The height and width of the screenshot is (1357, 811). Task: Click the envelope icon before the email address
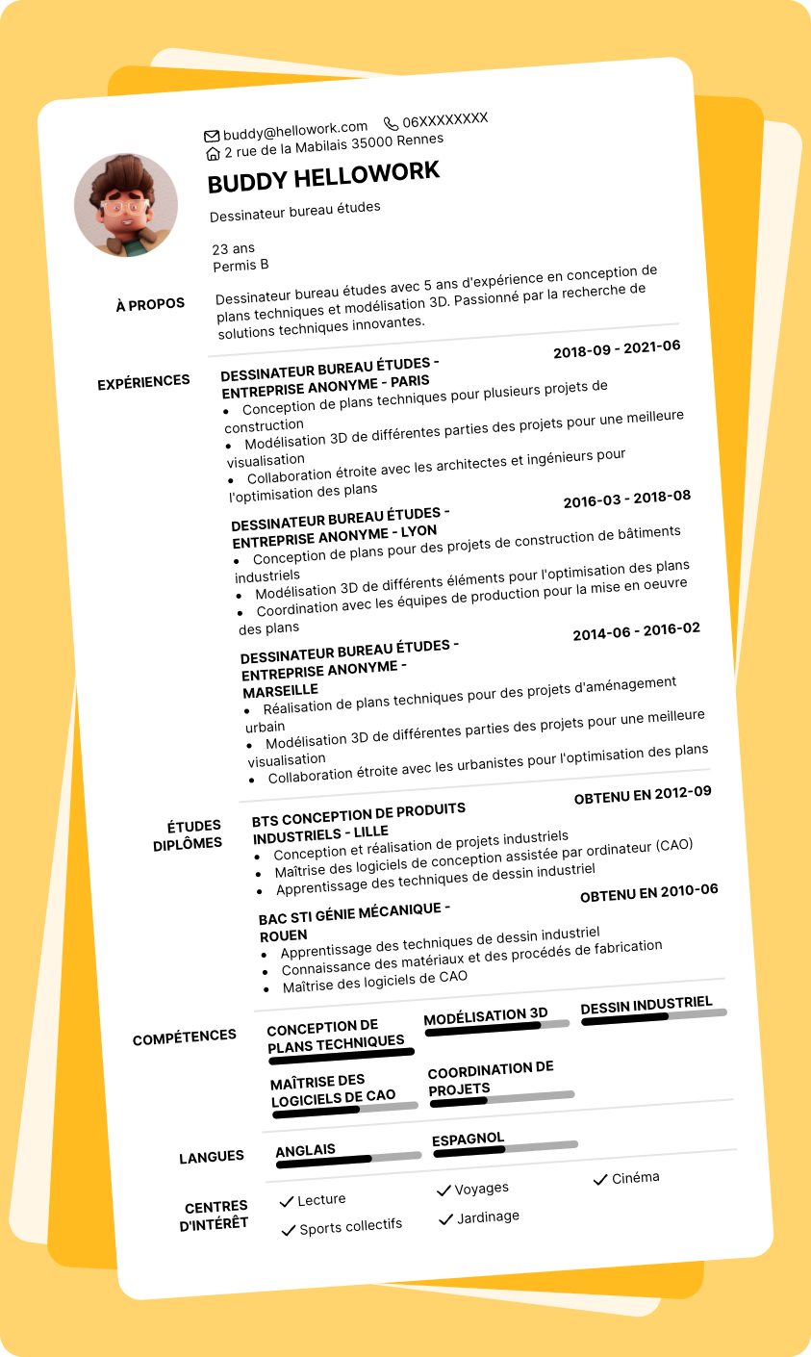point(212,136)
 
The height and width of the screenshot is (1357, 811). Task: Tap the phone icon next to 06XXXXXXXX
point(391,123)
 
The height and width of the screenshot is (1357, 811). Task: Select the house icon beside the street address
point(214,153)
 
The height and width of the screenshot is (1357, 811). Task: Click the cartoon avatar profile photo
point(126,205)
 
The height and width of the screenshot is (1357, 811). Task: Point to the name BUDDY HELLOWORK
point(323,178)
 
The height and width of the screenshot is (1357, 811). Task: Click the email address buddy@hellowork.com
point(295,129)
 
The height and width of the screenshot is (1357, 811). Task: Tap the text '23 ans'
point(234,248)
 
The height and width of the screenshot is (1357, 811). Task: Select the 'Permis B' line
point(241,265)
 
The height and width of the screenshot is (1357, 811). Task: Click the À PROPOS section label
point(150,305)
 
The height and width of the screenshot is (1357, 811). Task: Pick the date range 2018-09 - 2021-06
point(617,349)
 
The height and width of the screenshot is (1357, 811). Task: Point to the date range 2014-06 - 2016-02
point(636,631)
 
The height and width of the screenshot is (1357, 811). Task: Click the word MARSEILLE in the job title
point(281,691)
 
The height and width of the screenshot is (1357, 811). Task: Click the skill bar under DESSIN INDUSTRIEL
point(653,1015)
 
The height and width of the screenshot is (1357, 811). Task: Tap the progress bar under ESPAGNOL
point(505,1148)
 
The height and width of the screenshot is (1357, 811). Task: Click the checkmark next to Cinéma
point(600,1179)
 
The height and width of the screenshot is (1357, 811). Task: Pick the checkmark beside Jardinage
point(445,1219)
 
